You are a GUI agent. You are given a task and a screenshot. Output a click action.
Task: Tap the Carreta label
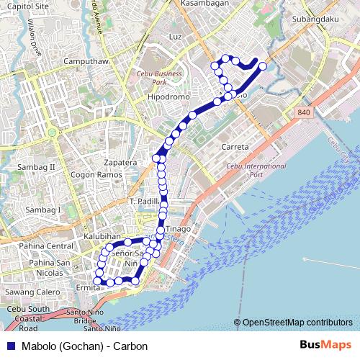coord(235,146)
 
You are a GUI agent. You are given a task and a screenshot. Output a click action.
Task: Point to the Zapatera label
coord(120,163)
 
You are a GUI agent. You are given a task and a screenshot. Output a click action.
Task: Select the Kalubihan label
coord(80,235)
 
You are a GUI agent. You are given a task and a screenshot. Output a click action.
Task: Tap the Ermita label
coord(86,288)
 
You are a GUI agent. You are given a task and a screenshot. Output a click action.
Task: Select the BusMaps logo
coord(325,346)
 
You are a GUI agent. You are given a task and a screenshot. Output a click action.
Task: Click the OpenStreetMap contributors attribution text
coord(297,323)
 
